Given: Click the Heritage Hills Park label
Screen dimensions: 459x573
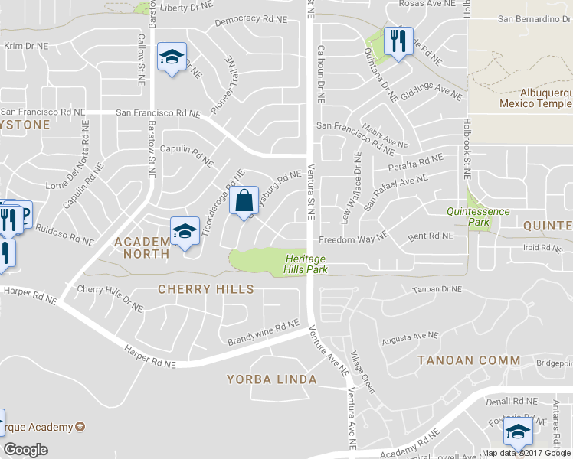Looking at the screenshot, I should pos(305,262).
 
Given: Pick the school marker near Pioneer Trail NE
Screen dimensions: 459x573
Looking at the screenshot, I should pos(172,57).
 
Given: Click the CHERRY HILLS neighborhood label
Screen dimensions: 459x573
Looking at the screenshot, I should pos(205,289).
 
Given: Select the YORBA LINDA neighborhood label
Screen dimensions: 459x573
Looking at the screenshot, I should pos(271,379).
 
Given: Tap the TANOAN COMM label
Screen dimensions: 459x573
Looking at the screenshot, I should pos(469,360).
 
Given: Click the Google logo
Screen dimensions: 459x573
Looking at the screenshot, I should pos(26,450).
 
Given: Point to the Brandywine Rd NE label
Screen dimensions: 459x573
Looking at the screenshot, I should pos(262,334).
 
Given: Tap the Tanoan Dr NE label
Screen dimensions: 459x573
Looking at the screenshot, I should pos(437,289).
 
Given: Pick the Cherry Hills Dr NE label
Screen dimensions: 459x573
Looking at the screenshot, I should pos(110,298).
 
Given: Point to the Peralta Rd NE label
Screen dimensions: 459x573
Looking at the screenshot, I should pos(416,163).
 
